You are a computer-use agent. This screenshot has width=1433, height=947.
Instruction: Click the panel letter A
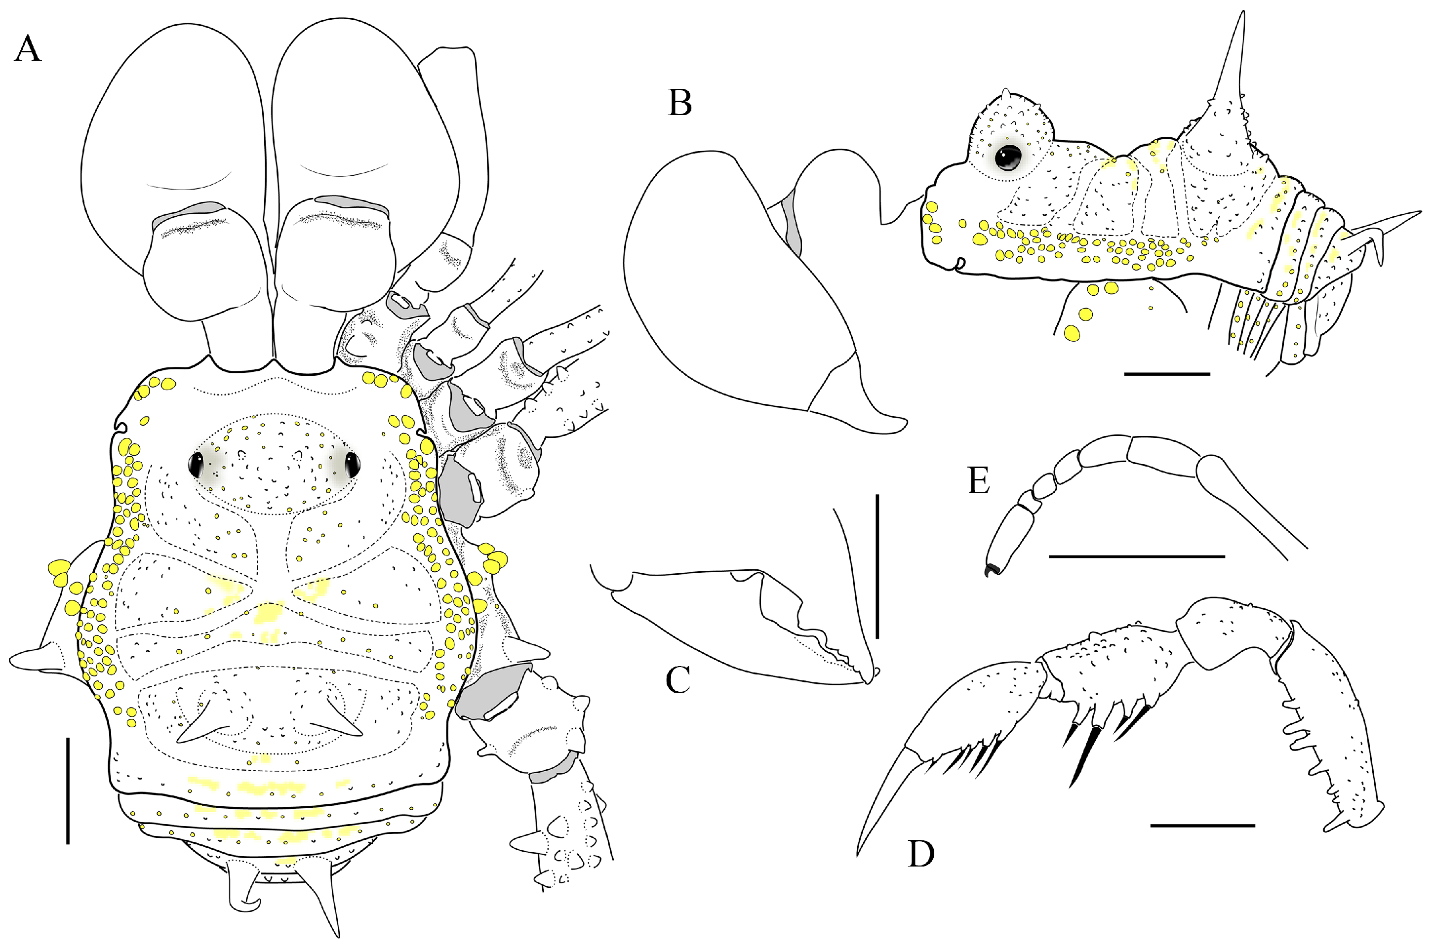coord(27,49)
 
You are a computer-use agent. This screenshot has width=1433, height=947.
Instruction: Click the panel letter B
coord(680,103)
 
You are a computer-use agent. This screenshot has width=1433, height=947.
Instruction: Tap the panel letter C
coord(677,679)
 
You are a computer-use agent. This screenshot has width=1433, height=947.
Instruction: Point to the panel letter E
coord(978,482)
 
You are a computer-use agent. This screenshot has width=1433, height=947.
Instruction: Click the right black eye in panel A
coord(352,464)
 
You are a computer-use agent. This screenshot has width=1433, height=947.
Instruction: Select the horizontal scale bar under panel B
coord(1167,374)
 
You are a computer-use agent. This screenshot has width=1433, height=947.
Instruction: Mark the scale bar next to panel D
coord(1202,825)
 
